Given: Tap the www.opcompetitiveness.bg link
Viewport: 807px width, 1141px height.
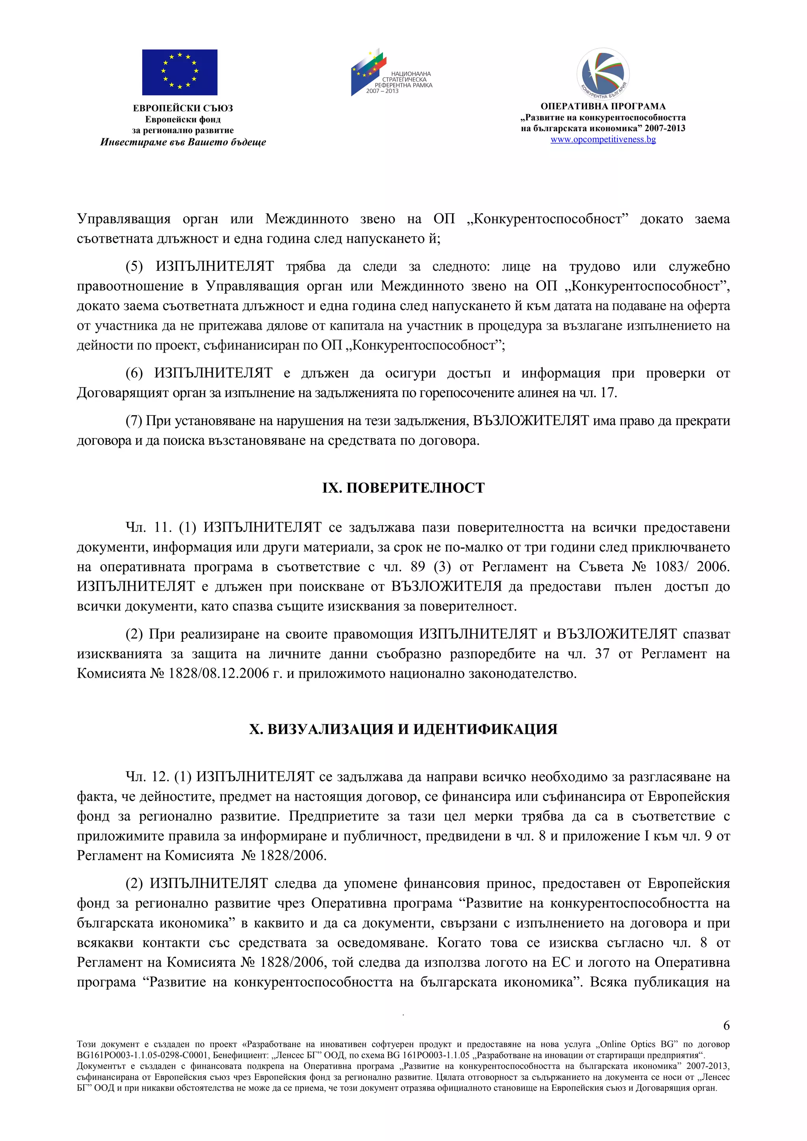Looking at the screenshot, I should (603, 139).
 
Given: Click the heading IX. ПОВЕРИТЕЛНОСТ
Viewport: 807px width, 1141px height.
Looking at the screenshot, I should (403, 487).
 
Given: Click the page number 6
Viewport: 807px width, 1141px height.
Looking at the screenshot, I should (726, 1025).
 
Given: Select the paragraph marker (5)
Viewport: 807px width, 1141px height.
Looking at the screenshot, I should (134, 266).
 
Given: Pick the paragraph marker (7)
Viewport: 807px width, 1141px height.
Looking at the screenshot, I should (134, 420).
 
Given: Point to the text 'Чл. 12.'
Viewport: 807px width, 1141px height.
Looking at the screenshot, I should (148, 776).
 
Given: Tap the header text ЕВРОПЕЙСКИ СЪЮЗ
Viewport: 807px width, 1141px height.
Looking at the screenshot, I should (183, 108).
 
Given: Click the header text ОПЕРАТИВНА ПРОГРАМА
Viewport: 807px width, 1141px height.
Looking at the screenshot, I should (603, 106).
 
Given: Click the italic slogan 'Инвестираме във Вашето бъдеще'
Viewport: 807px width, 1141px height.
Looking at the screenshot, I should (183, 142).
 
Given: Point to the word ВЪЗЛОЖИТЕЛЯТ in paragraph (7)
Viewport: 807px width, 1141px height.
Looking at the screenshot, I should (531, 420).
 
